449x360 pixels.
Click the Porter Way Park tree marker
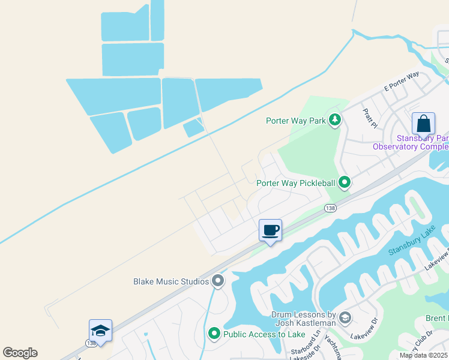click(x=335, y=121)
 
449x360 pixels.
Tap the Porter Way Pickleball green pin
click(x=344, y=181)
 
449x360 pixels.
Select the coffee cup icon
click(x=270, y=230)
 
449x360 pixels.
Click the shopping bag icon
click(x=423, y=124)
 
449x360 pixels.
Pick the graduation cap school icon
click(x=100, y=331)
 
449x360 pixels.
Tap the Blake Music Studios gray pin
click(x=217, y=280)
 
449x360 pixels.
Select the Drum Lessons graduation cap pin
click(x=345, y=317)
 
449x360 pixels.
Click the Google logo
click(x=20, y=352)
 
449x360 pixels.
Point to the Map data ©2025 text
click(x=423, y=355)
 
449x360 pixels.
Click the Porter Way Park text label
click(x=295, y=121)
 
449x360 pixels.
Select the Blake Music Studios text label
click(x=171, y=281)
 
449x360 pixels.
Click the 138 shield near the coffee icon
click(x=330, y=208)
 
